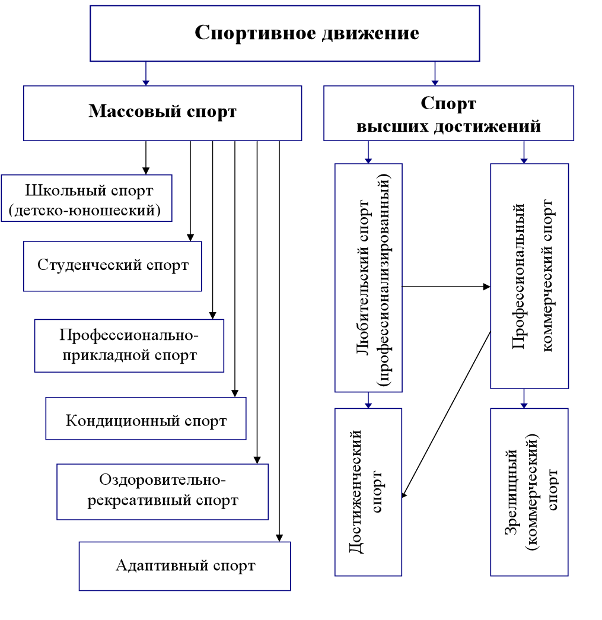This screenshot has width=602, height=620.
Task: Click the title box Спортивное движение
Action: [x=285, y=33]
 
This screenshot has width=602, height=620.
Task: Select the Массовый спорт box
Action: [x=163, y=113]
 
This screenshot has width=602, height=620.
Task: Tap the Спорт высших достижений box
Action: [x=448, y=113]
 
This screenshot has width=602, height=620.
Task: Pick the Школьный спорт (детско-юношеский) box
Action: [x=87, y=198]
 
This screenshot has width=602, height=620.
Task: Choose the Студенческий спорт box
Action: [x=113, y=266]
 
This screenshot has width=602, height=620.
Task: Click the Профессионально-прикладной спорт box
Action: [x=129, y=346]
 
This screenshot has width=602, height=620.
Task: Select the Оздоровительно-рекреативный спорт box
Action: [x=163, y=491]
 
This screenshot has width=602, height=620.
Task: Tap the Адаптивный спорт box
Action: [x=185, y=566]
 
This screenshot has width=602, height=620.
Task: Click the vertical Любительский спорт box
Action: [x=368, y=278]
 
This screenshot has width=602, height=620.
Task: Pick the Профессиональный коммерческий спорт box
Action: [x=529, y=276]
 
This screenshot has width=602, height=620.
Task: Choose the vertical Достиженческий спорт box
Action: [x=368, y=492]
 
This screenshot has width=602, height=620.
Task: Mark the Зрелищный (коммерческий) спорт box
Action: [x=529, y=492]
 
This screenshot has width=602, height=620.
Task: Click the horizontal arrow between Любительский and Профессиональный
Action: [x=446, y=287]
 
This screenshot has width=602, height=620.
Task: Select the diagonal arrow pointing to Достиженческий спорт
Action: [x=446, y=415]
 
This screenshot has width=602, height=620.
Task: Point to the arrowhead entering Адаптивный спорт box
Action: [x=279, y=538]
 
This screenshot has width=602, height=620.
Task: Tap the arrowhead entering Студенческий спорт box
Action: [x=190, y=237]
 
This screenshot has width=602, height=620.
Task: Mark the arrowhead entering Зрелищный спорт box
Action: [x=524, y=405]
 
